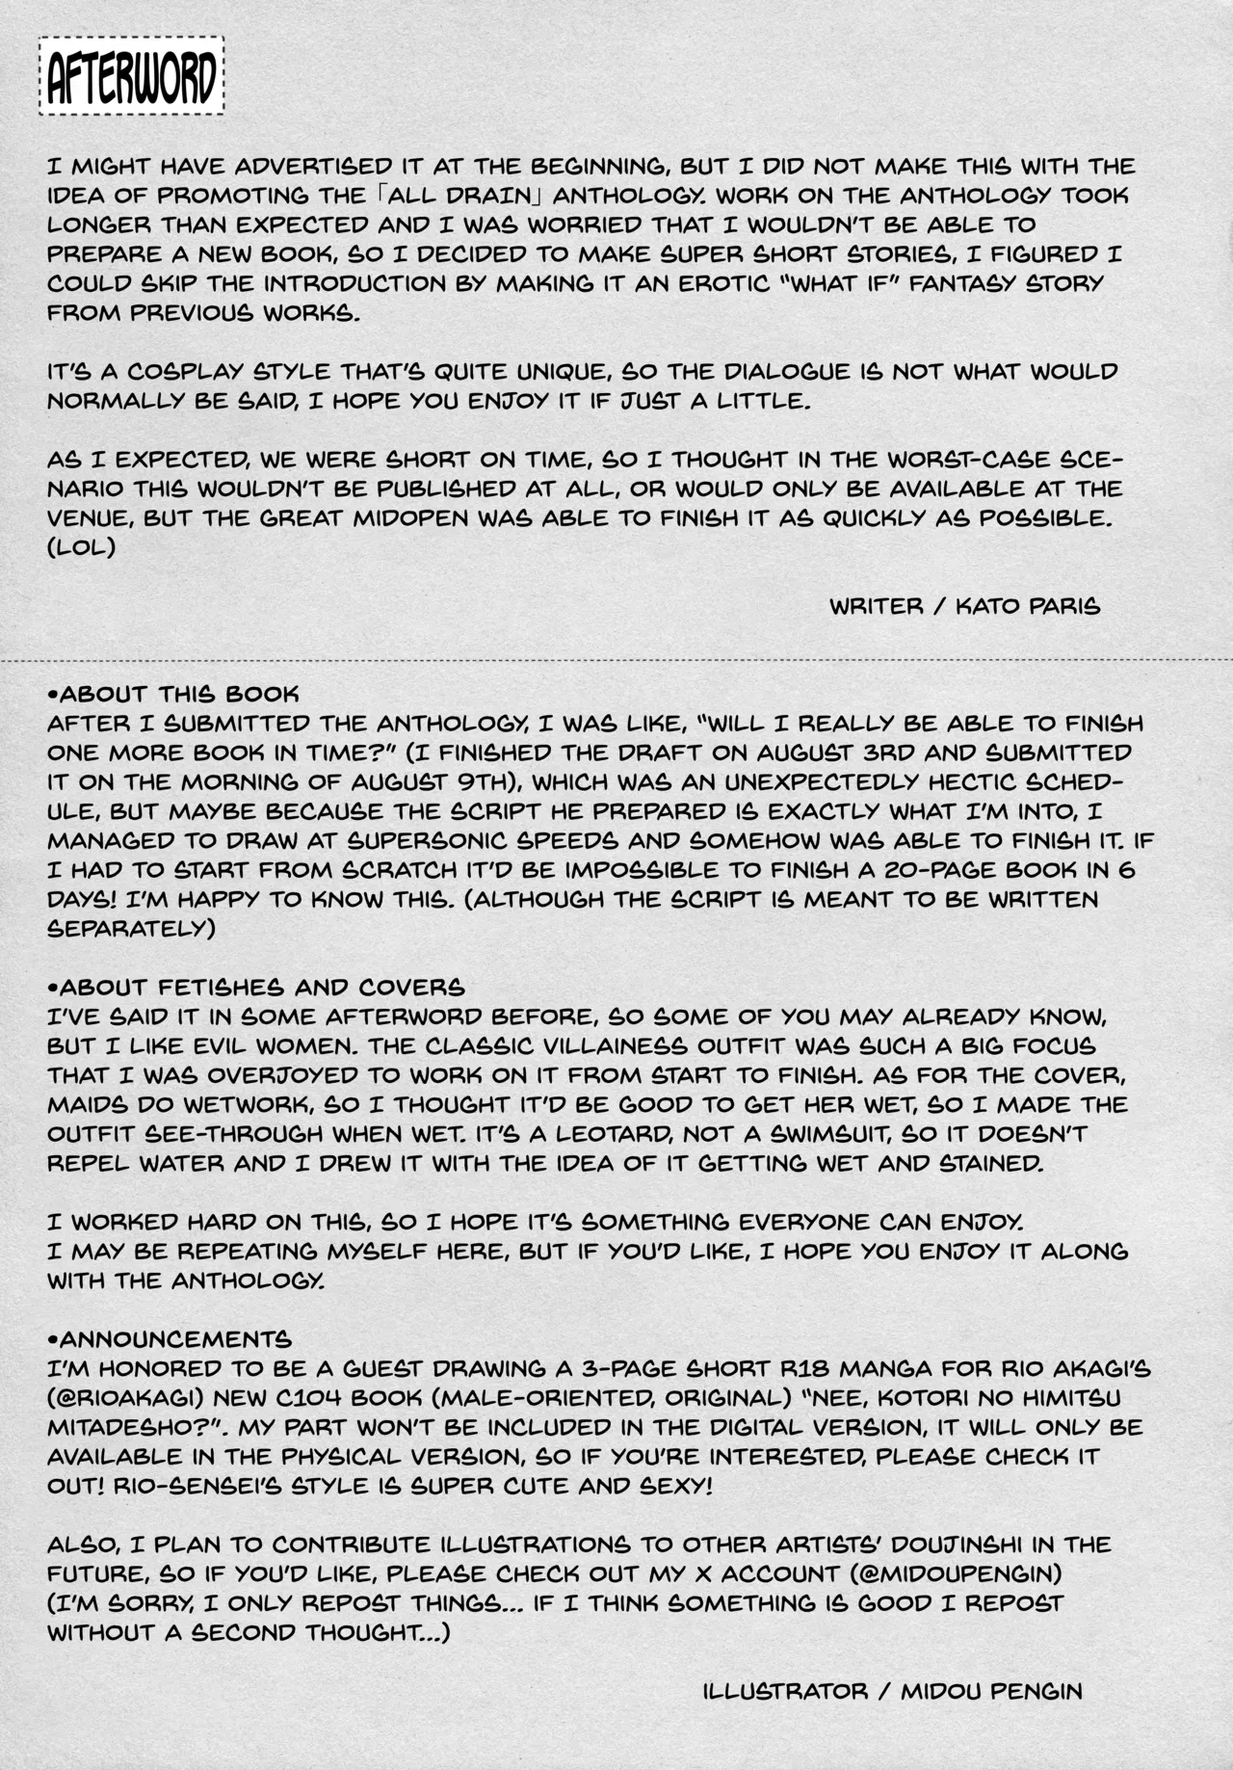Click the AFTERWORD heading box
pyautogui.click(x=131, y=78)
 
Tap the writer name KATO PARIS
pyautogui.click(x=1028, y=606)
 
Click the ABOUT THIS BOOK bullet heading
pyautogui.click(x=173, y=694)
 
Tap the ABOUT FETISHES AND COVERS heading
pyautogui.click(x=256, y=988)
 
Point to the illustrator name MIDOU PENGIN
pyautogui.click(x=992, y=1691)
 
